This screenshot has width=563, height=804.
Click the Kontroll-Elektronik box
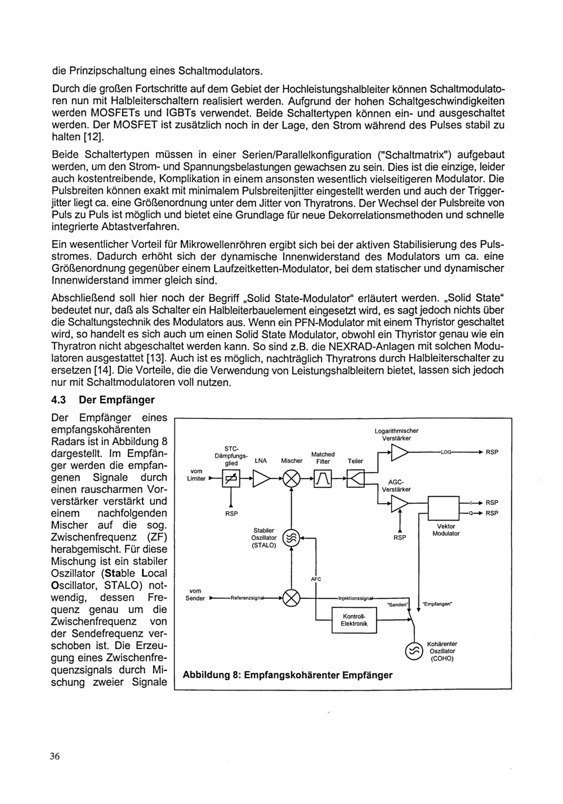tap(354, 620)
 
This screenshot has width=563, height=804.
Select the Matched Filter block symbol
tap(323, 479)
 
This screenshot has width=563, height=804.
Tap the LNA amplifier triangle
tap(261, 479)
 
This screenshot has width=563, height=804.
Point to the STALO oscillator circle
tap(291, 539)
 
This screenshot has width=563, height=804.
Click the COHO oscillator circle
tap(413, 651)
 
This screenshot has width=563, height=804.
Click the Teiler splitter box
tap(356, 479)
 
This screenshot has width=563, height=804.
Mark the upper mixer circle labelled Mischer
tap(291, 479)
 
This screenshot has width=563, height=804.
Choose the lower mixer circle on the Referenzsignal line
tap(291, 598)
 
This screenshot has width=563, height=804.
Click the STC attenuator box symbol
tap(231, 479)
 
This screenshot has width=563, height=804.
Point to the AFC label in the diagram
tap(316, 579)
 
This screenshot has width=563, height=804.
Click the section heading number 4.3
tap(59, 400)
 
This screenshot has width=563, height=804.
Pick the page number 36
tap(54, 757)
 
